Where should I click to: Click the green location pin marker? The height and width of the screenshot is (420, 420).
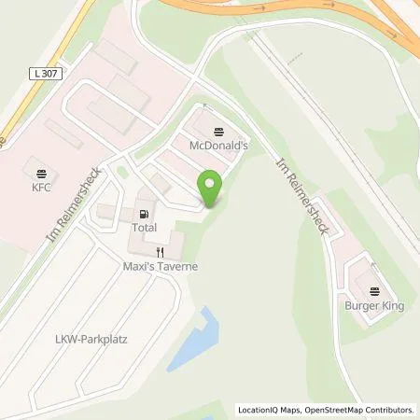point(211,188)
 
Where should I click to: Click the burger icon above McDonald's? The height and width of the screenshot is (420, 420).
point(218,132)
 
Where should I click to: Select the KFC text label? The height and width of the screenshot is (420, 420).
point(40,187)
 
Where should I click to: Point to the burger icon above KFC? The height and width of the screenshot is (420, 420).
point(40,174)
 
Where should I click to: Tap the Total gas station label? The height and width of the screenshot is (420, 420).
point(144,228)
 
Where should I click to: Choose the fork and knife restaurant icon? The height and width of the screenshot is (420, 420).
point(160,252)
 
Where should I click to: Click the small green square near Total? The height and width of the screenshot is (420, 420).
point(122,173)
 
